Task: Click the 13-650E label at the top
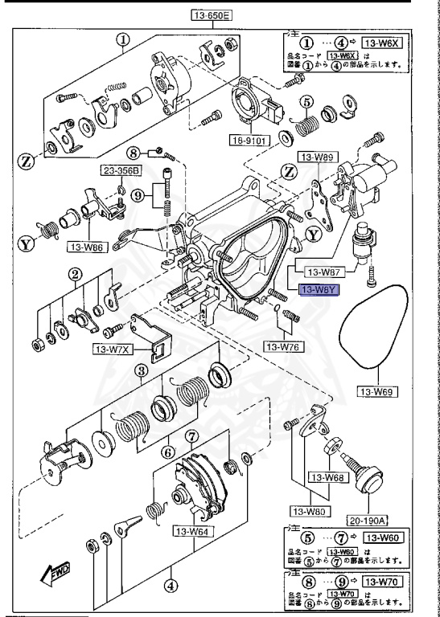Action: click(211, 14)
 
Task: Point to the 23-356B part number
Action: click(120, 170)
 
